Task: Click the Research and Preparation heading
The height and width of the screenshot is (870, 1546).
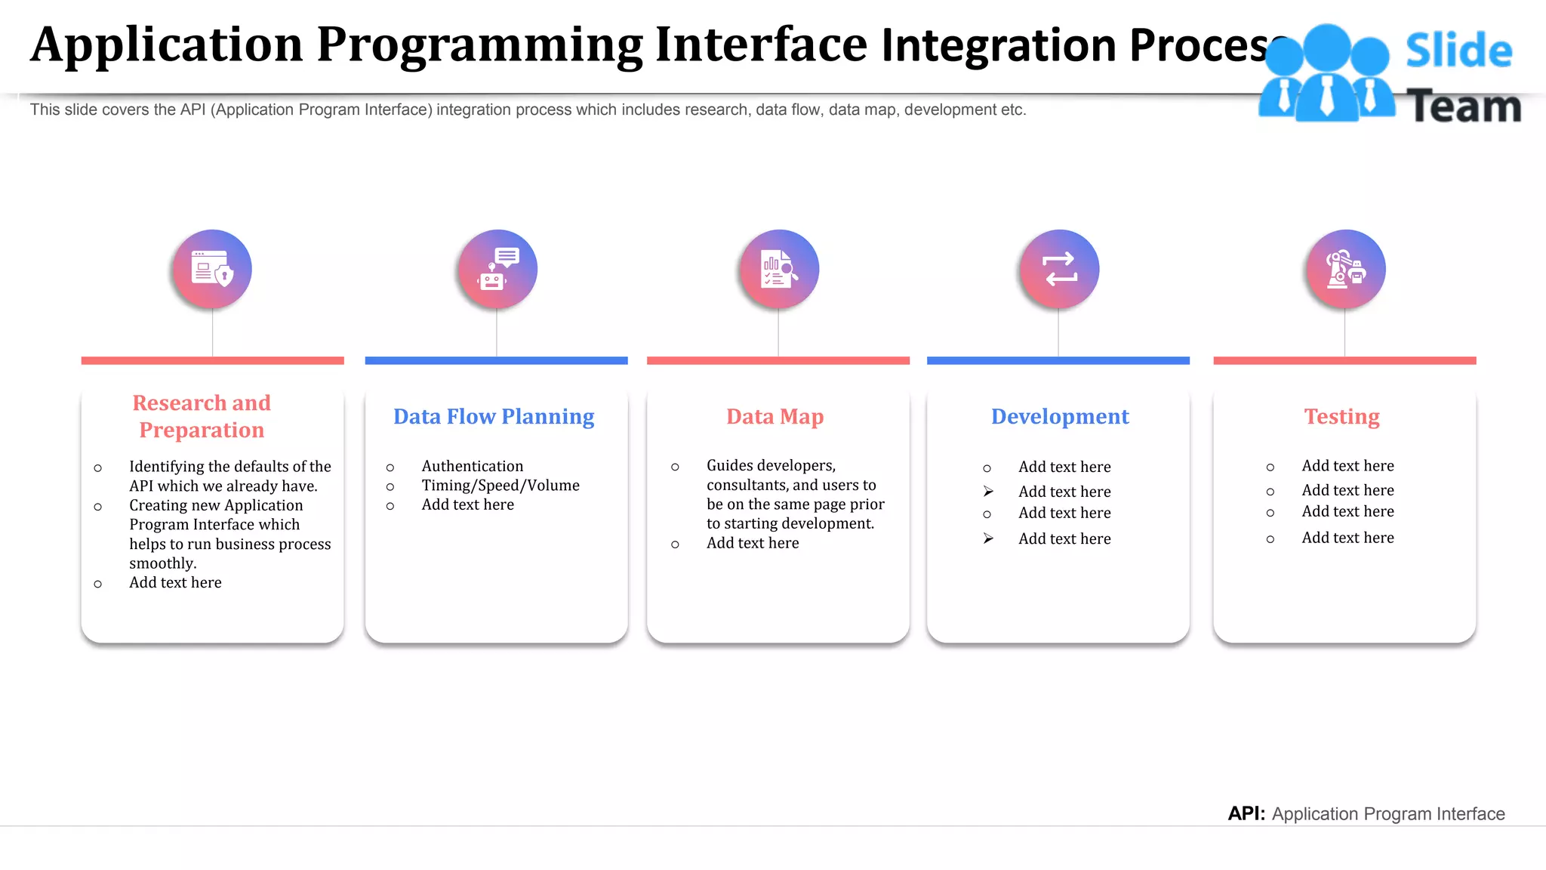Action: click(202, 416)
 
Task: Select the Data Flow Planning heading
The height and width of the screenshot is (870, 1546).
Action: click(494, 416)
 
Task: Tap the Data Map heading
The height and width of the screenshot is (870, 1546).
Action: click(775, 416)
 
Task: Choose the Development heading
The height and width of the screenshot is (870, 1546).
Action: click(1060, 416)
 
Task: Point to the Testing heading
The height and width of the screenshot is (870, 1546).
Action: click(1341, 416)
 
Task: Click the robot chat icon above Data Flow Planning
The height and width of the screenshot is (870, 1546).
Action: click(497, 269)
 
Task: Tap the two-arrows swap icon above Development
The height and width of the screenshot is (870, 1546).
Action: click(1059, 269)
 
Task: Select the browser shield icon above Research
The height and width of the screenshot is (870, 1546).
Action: click(212, 269)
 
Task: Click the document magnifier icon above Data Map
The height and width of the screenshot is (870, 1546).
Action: click(779, 269)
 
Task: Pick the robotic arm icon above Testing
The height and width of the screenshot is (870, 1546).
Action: click(1346, 269)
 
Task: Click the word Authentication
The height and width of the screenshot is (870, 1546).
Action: click(472, 466)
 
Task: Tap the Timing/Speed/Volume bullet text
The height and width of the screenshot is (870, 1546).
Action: click(500, 486)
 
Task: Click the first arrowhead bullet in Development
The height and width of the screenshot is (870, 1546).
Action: click(988, 492)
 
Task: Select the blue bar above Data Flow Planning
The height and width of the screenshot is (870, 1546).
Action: click(496, 361)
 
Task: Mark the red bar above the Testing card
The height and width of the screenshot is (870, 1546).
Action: click(1344, 361)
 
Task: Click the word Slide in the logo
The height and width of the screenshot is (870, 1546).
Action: click(1458, 51)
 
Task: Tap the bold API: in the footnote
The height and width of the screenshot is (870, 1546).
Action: click(1246, 813)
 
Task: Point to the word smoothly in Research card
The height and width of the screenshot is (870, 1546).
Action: click(162, 563)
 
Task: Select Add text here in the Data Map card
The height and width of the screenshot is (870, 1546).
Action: click(753, 543)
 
